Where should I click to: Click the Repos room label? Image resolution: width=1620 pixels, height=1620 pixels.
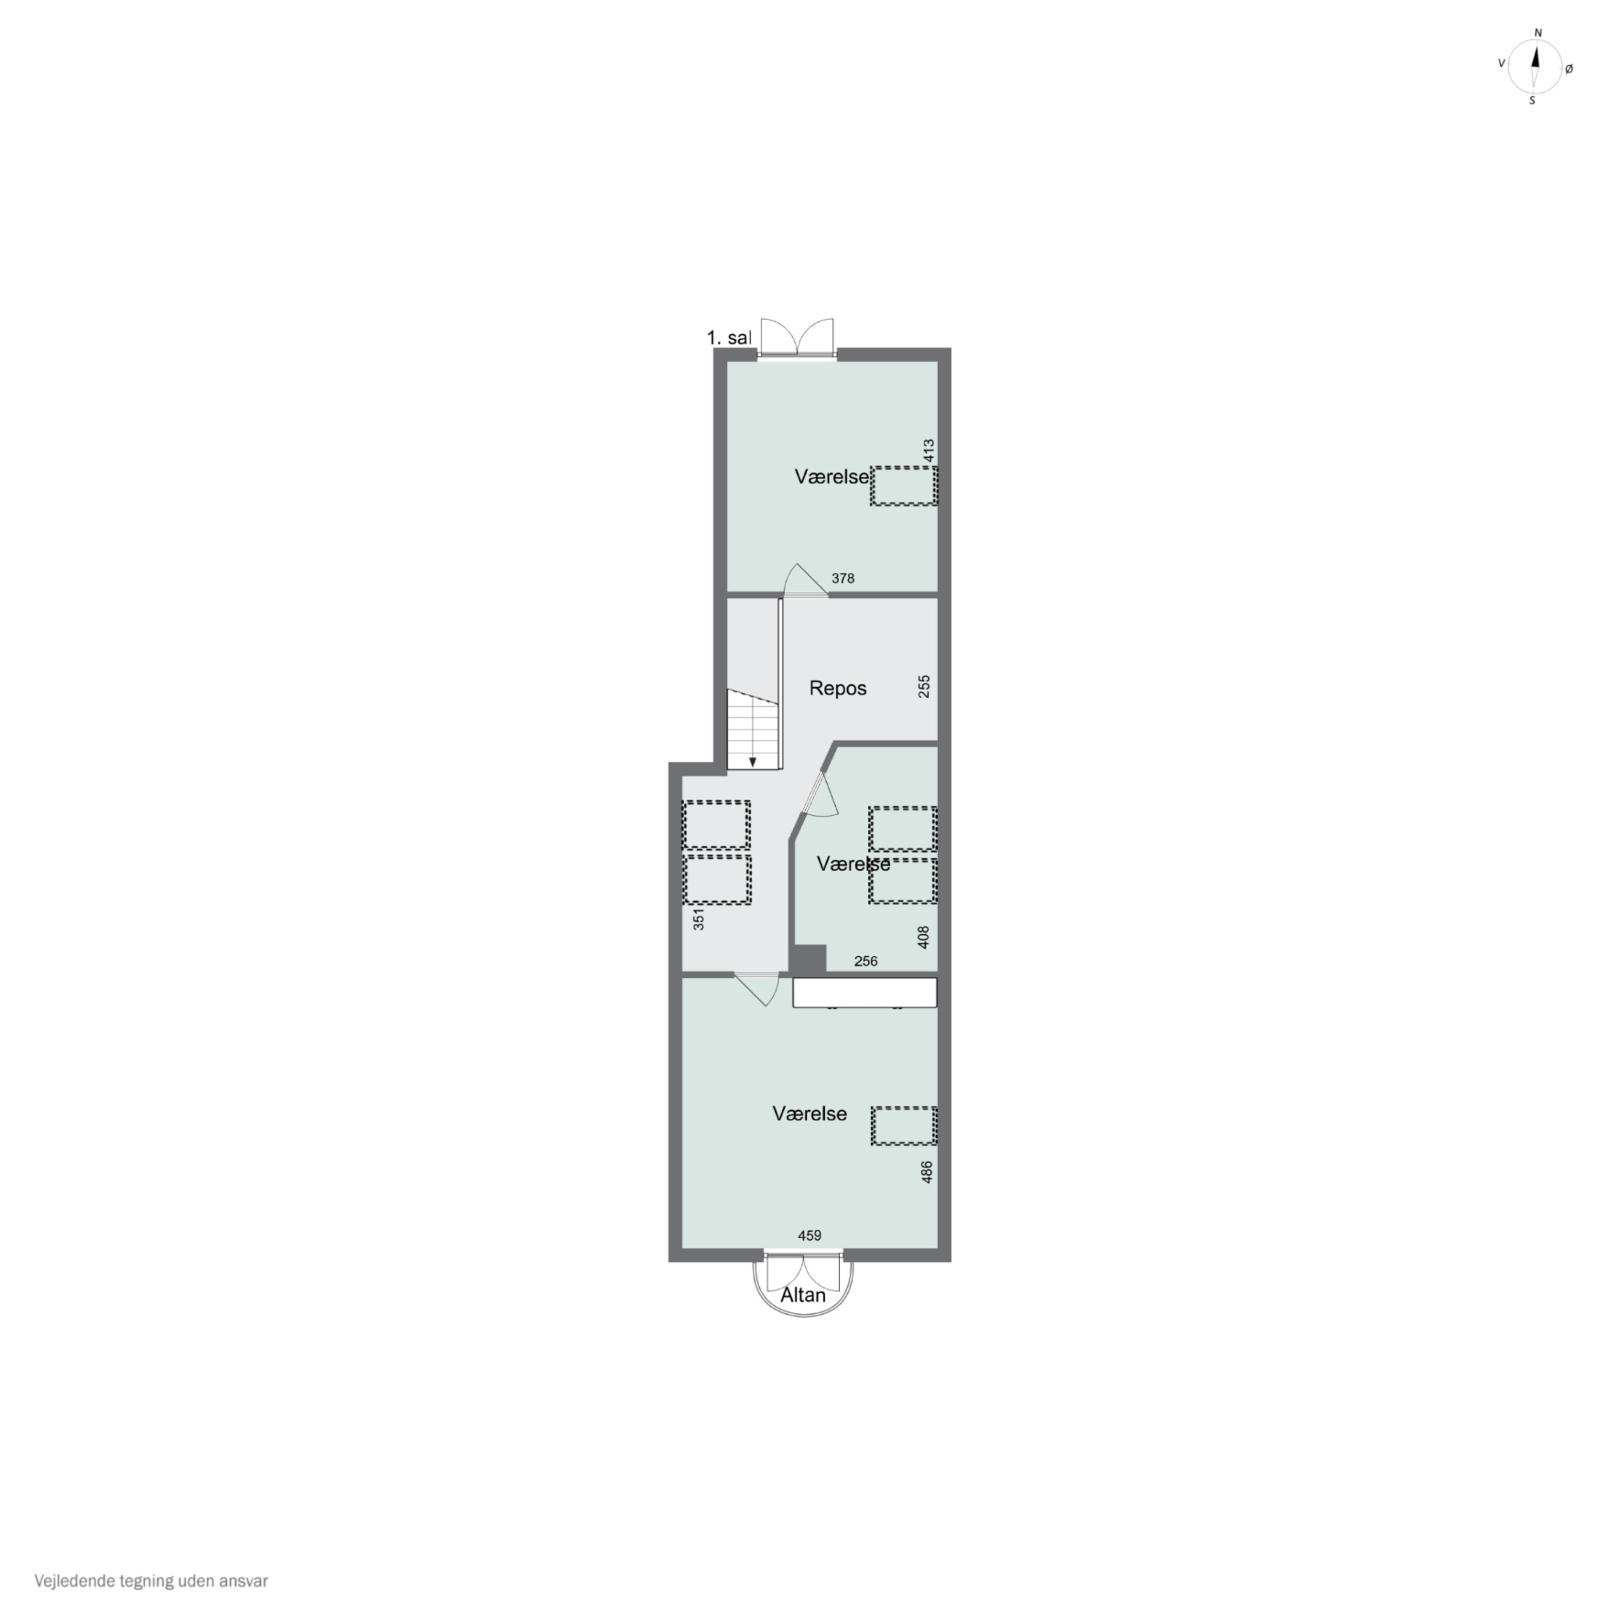837,688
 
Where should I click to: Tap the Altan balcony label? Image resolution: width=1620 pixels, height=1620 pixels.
802,1295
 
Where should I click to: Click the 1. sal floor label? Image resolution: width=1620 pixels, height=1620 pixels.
728,338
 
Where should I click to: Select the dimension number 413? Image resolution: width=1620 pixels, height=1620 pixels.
928,450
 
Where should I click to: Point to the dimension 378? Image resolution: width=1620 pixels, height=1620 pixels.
843,578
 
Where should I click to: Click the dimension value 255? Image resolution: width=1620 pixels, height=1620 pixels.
924,687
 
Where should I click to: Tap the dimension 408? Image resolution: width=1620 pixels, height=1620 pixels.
924,936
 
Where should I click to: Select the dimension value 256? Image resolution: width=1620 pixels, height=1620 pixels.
865,962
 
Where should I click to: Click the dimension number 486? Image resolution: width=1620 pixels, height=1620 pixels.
927,1172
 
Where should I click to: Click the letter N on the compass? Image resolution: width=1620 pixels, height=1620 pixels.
1538,33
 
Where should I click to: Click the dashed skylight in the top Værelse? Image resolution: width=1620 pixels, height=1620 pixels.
903,487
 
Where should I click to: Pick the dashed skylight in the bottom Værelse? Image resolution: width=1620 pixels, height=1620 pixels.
903,1126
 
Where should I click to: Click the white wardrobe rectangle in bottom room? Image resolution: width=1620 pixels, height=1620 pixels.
865,993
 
